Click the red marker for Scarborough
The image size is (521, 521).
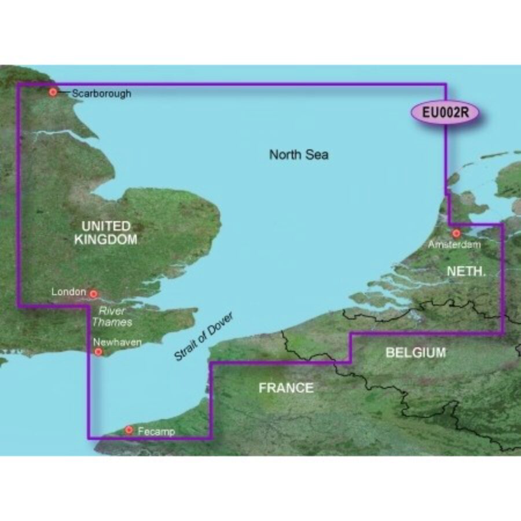pyautogui.click(x=53, y=92)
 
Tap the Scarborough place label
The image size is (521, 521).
pyautogui.click(x=102, y=93)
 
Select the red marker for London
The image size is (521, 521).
pyautogui.click(x=93, y=294)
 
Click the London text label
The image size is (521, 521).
pyautogui.click(x=69, y=293)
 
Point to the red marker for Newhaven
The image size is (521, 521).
pyautogui.click(x=98, y=351)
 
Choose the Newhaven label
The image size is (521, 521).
pyautogui.click(x=118, y=343)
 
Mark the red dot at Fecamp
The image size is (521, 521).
pyautogui.click(x=129, y=430)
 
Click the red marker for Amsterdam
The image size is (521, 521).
pyautogui.click(x=456, y=234)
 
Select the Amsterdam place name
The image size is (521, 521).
pyautogui.click(x=454, y=245)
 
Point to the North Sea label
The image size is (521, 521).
pyautogui.click(x=299, y=155)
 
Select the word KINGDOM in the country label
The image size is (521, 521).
pyautogui.click(x=106, y=239)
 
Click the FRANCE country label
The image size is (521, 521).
pyautogui.click(x=286, y=387)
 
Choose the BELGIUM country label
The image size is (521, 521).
pyautogui.click(x=416, y=352)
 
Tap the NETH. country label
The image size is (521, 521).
pyautogui.click(x=464, y=270)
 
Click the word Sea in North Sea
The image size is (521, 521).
pyautogui.click(x=317, y=155)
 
